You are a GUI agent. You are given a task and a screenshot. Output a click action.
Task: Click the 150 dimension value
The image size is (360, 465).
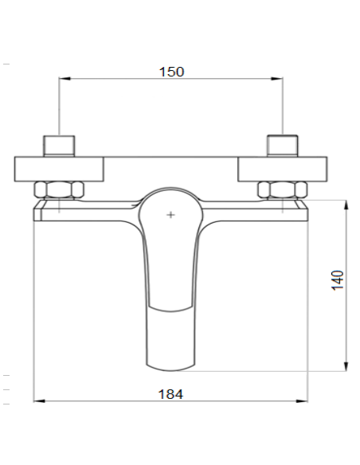(170, 72)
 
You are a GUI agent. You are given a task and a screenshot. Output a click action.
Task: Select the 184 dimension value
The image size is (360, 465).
(170, 393)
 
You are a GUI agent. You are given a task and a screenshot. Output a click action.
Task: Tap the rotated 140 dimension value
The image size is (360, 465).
(338, 279)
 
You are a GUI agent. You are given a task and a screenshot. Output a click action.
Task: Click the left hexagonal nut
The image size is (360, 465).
(58, 191)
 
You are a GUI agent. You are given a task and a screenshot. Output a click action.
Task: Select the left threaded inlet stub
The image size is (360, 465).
(59, 147)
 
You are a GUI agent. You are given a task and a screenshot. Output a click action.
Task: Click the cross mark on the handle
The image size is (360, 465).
(170, 215)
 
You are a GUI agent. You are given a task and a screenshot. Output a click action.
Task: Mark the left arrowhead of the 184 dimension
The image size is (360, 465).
(37, 400)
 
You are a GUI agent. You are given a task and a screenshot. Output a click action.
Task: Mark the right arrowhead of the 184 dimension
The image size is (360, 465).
(304, 400)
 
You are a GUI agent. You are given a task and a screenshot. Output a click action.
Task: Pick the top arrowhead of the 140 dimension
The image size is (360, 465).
(346, 205)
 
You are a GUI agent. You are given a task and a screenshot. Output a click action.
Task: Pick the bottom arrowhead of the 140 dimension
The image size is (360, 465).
(346, 367)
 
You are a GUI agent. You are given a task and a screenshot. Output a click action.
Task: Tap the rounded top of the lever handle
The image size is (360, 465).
(170, 193)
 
